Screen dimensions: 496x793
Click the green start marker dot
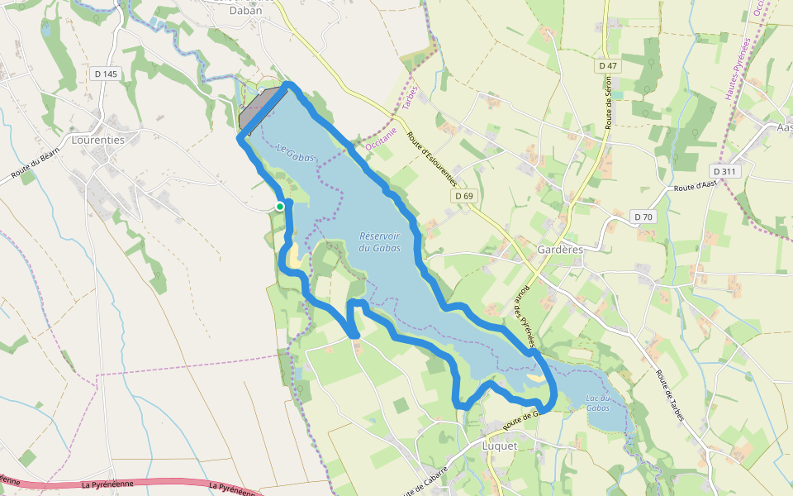[x=280, y=207]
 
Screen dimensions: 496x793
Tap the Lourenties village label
[x=97, y=140]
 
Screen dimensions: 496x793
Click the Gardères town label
[x=561, y=249]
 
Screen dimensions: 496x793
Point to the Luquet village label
[x=499, y=446]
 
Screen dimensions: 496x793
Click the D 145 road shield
[x=106, y=74]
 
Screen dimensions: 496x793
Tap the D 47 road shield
[x=607, y=64]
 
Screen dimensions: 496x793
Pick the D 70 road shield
[x=644, y=217]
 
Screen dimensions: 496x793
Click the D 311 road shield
[x=727, y=171]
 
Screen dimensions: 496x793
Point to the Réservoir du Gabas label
[x=380, y=241]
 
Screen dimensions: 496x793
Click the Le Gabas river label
[x=294, y=155]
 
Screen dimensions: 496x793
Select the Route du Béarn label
[x=36, y=168]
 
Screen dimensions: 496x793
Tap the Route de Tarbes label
[x=670, y=397]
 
